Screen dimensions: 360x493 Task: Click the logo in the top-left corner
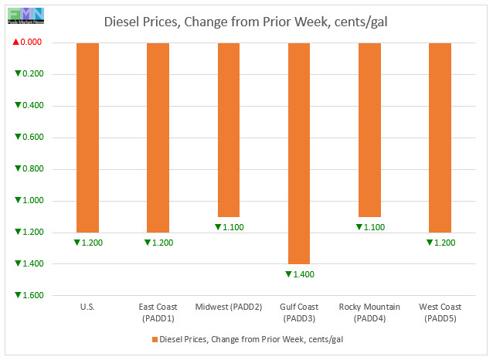(x=23, y=14)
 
